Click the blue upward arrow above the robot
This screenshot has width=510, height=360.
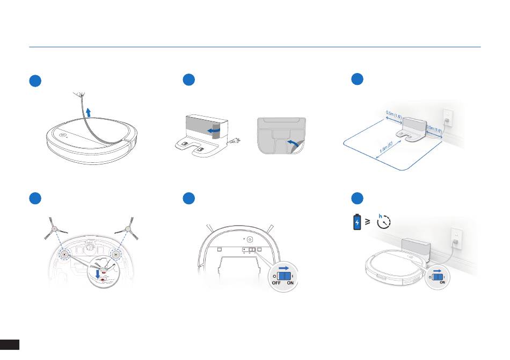[89, 112]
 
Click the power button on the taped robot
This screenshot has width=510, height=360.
[62, 136]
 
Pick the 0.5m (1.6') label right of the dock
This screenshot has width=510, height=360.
[434, 128]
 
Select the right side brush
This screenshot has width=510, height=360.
[128, 229]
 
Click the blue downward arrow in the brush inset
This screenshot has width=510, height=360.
[98, 274]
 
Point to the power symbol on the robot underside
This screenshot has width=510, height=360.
[250, 239]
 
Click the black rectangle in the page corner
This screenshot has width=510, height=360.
[10, 344]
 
